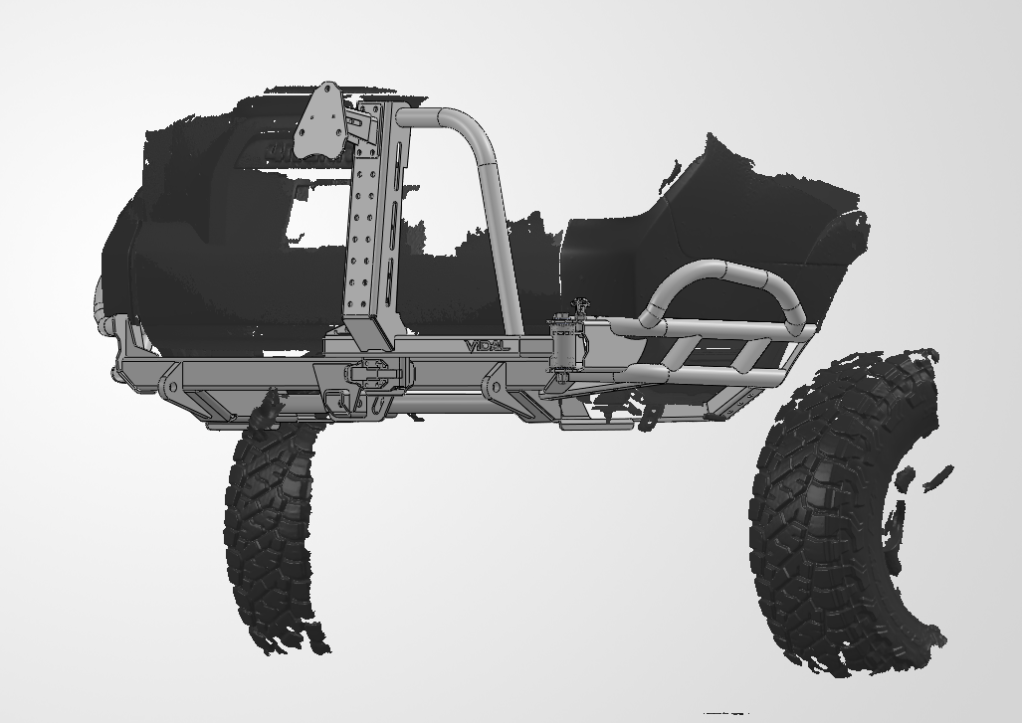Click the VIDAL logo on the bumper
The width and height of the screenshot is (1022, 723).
[487, 346]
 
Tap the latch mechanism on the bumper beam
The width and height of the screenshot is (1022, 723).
[369, 378]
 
